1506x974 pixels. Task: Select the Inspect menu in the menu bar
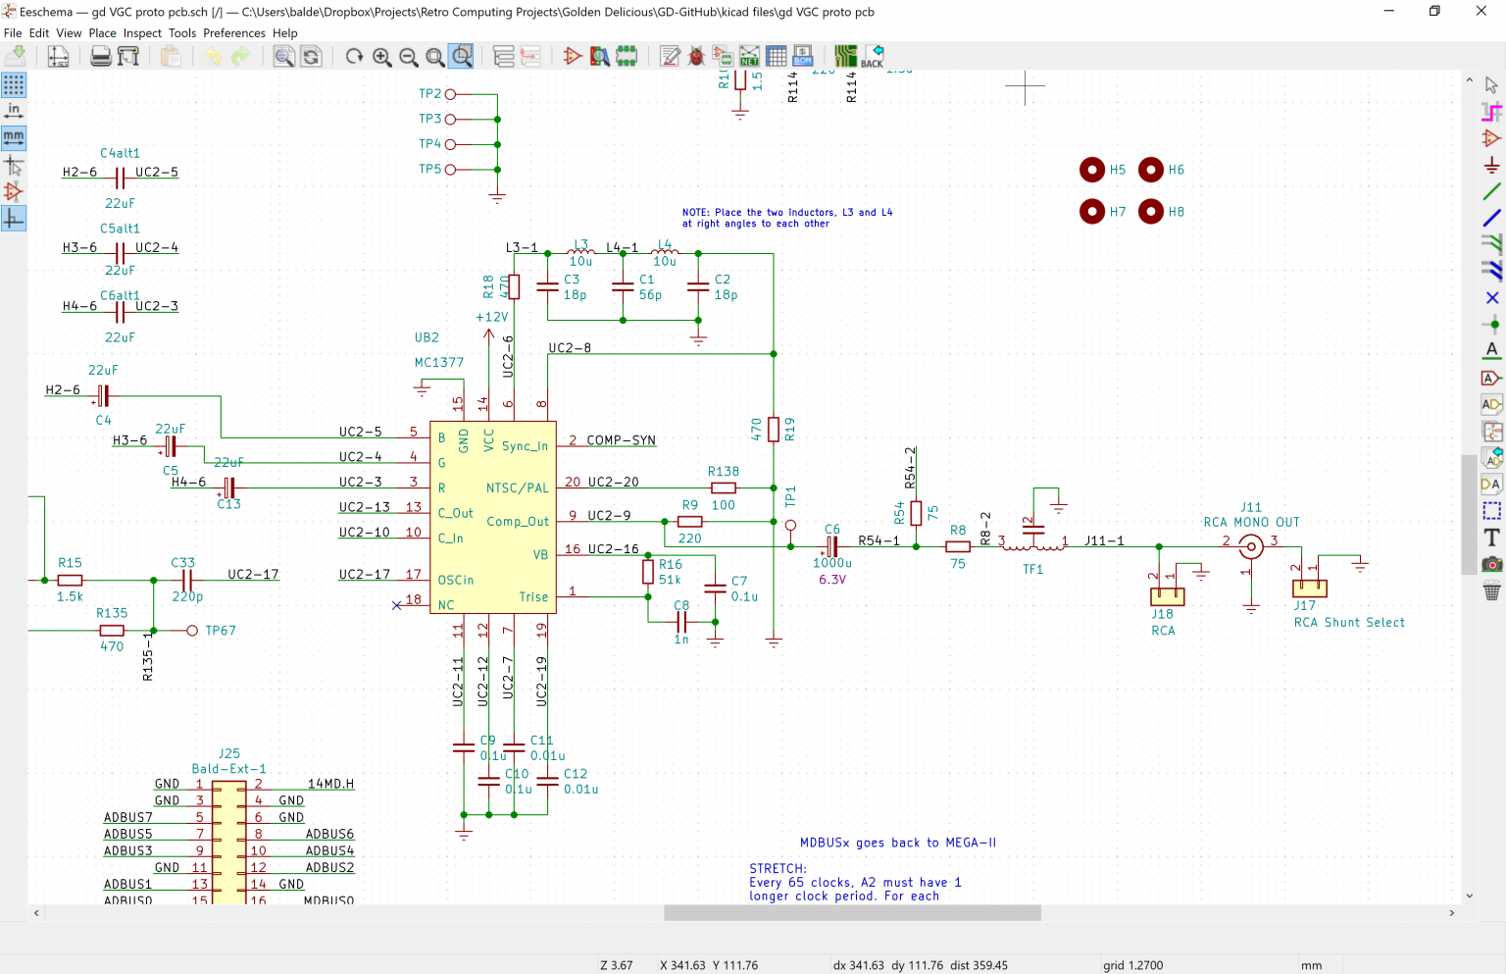click(x=142, y=33)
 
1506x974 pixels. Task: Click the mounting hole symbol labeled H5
click(x=1091, y=171)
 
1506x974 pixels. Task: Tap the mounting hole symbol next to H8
click(x=1150, y=212)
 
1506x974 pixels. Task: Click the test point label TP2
click(x=429, y=94)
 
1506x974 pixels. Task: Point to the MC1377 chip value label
click(x=438, y=363)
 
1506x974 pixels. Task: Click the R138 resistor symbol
click(x=724, y=487)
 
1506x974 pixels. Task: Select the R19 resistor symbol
click(x=774, y=430)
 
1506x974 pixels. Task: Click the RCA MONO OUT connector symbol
click(x=1250, y=547)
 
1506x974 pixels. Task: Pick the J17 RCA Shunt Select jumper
click(x=1310, y=589)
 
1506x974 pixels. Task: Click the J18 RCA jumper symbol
click(x=1167, y=595)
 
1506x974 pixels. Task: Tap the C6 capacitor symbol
click(x=831, y=546)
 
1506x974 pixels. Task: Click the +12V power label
click(x=491, y=318)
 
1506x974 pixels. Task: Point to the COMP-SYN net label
click(x=621, y=440)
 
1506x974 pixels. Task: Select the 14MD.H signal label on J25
click(x=330, y=784)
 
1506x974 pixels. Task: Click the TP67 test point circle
click(x=192, y=631)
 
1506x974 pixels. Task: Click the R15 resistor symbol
click(x=70, y=581)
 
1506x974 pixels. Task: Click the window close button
click(x=1481, y=12)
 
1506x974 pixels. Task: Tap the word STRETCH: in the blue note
click(x=778, y=869)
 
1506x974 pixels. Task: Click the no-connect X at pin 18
click(x=396, y=605)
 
